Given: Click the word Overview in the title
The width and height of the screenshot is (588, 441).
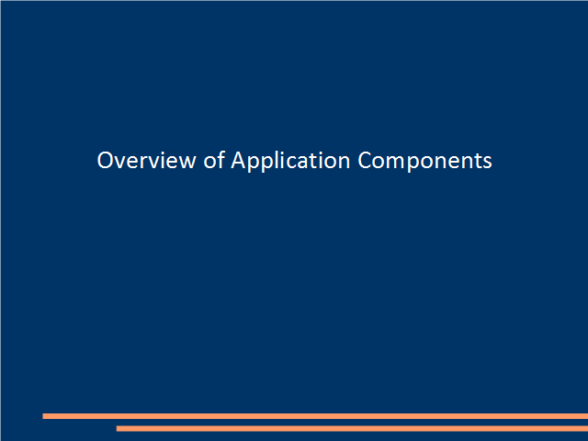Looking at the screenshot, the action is pyautogui.click(x=146, y=160).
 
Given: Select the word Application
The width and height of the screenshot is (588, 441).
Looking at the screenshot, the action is pyautogui.click(x=290, y=162).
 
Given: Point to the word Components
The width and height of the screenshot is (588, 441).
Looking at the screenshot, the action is pyautogui.click(x=424, y=162).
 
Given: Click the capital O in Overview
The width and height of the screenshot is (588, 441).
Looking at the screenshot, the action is pyautogui.click(x=105, y=160).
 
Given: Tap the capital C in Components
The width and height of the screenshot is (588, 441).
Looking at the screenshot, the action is pyautogui.click(x=365, y=160).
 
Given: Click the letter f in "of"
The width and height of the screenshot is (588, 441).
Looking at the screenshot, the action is pyautogui.click(x=220, y=159).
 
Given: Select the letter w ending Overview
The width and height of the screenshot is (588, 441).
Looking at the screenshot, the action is pyautogui.click(x=187, y=163).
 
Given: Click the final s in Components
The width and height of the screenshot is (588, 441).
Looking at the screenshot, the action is pyautogui.click(x=487, y=163).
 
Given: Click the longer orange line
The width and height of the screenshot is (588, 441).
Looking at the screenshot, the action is pyautogui.click(x=315, y=416).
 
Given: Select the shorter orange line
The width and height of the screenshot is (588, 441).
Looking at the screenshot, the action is pyautogui.click(x=352, y=428).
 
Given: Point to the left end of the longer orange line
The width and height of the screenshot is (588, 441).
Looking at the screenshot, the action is pyautogui.click(x=43, y=416).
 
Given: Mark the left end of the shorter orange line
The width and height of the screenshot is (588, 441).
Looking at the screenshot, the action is pyautogui.click(x=117, y=428).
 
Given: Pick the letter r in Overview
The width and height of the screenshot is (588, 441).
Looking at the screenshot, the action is pyautogui.click(x=144, y=163).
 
